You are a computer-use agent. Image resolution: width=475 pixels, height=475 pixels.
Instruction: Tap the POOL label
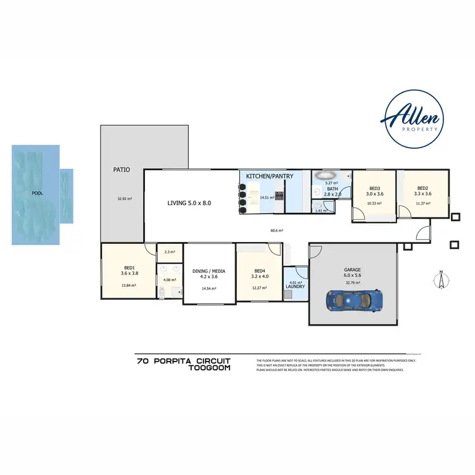[x=37, y=193]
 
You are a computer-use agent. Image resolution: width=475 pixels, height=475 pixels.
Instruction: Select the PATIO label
[x=122, y=170]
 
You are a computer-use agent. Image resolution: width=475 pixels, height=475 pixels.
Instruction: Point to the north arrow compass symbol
[x=440, y=278]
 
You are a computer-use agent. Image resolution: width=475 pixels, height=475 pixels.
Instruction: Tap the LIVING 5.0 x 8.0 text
[x=188, y=203]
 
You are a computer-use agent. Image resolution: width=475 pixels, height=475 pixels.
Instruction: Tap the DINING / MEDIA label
[x=208, y=273]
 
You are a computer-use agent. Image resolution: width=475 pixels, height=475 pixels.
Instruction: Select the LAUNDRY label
[x=296, y=287]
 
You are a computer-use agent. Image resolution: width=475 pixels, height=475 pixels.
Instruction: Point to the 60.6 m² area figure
[x=276, y=231]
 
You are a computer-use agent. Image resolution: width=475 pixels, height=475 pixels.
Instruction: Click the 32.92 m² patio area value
[x=124, y=199]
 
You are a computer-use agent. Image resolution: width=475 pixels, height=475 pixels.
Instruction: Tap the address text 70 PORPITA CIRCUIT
[x=184, y=362]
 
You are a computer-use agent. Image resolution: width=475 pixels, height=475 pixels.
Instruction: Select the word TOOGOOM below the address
[x=210, y=368]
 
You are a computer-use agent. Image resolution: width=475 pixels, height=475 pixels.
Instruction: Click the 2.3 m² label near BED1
[x=168, y=252]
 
